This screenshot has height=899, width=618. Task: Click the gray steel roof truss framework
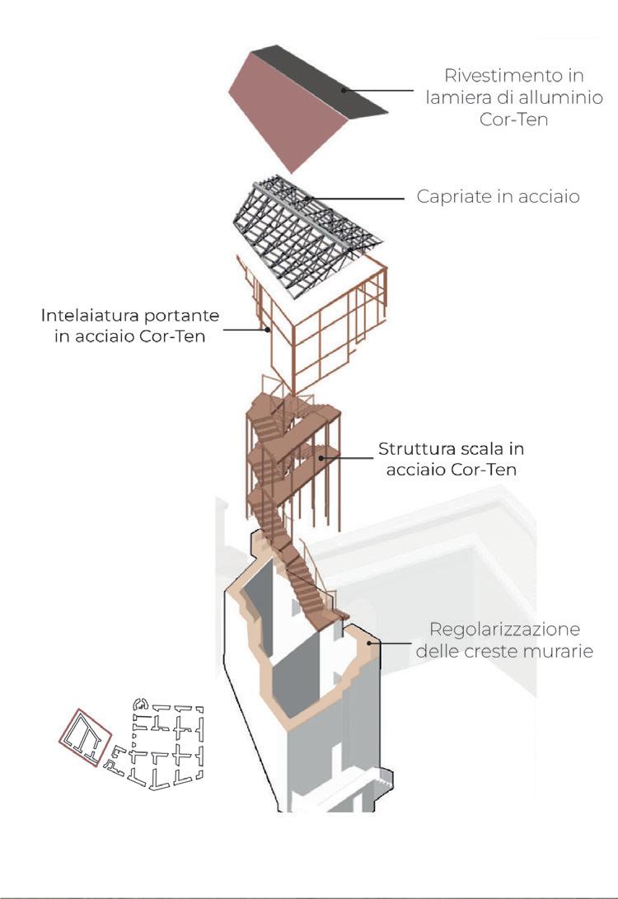(x=297, y=222)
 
